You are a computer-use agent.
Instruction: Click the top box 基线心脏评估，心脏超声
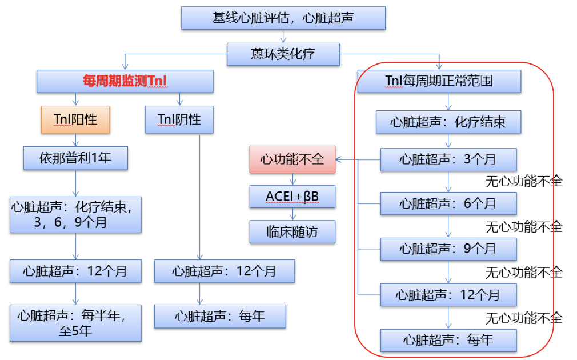point(283,18)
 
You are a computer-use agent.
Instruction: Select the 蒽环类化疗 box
point(283,54)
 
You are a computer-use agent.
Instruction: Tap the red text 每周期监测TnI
point(125,81)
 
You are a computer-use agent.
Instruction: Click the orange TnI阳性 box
point(75,119)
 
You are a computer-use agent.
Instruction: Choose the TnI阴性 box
point(179,119)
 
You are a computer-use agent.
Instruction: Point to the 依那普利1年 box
point(75,158)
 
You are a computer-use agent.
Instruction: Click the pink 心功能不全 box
point(292,159)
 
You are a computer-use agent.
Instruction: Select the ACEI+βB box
point(292,197)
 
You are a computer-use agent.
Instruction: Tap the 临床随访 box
point(292,232)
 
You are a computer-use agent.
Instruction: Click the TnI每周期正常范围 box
point(439,81)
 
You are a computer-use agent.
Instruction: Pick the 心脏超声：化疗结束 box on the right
point(448,122)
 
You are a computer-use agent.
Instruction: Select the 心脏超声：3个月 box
point(448,159)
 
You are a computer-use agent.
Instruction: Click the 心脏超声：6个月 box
point(448,203)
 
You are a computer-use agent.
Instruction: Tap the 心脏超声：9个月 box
point(448,249)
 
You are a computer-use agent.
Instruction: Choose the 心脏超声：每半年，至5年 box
point(75,323)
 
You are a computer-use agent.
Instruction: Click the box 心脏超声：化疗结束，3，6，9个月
point(75,214)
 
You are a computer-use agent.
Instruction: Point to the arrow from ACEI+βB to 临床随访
point(293,214)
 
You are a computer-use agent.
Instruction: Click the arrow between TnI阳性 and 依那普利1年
point(76,140)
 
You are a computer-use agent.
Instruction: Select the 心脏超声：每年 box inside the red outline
point(448,340)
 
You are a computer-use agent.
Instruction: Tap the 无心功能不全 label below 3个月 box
point(524,181)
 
